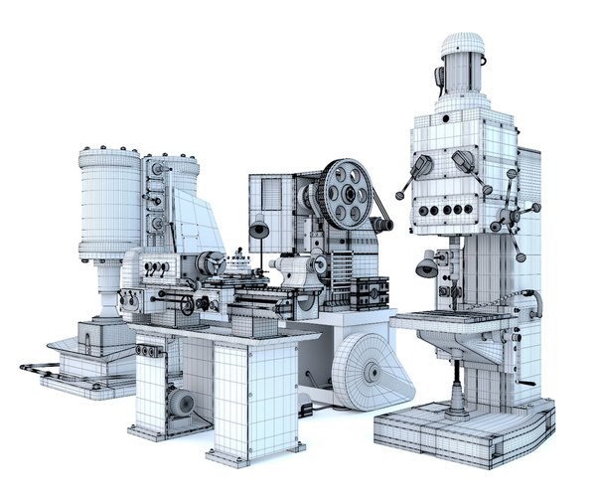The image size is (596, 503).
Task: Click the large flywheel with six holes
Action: pyautogui.click(x=345, y=192)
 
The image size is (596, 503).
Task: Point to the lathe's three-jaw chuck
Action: pyautogui.click(x=210, y=263)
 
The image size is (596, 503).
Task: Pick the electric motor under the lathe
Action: pyautogui.click(x=181, y=403)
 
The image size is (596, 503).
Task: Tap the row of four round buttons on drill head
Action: pyautogui.click(x=444, y=210)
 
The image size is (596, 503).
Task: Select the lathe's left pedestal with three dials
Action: pyautogui.click(x=151, y=383)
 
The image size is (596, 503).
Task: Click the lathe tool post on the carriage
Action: pyautogui.click(x=238, y=266)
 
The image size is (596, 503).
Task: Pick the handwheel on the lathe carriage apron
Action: pyautogui.click(x=187, y=304)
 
